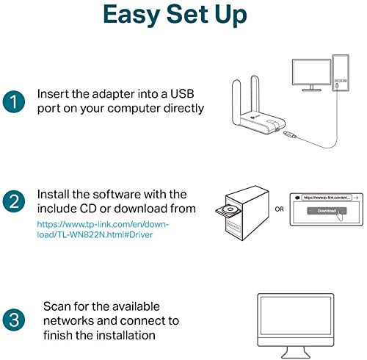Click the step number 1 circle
[x=14, y=101]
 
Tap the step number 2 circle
[x=14, y=201]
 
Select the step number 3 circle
[x=14, y=320]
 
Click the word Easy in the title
[x=131, y=15]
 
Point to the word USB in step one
[x=182, y=94]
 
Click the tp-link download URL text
[x=103, y=229]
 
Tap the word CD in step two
[x=88, y=209]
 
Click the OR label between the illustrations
[x=279, y=209]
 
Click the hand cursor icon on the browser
[x=340, y=215]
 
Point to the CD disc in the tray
[x=230, y=209]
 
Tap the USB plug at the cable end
[x=290, y=134]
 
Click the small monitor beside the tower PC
[x=312, y=75]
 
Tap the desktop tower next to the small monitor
[x=341, y=73]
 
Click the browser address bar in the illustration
[x=327, y=198]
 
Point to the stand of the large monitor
[x=296, y=353]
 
